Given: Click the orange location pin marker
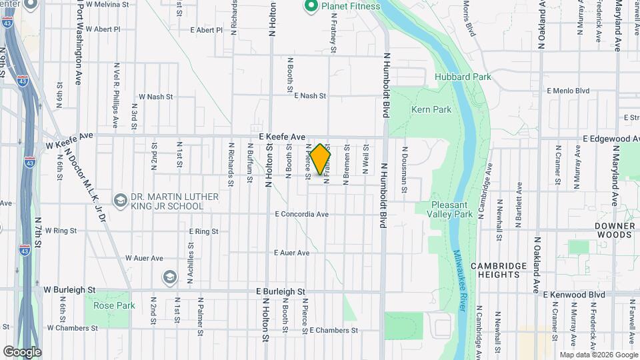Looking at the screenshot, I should (x=321, y=159).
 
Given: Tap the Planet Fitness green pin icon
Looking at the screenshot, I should (x=310, y=6).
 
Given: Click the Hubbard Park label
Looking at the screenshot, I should (x=463, y=77).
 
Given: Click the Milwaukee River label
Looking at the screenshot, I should (x=459, y=280).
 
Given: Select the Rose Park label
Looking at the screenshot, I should (x=114, y=305).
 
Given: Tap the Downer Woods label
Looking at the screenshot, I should (x=614, y=230).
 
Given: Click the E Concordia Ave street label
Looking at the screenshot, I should (x=302, y=214).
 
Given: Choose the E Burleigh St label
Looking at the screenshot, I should (x=280, y=292).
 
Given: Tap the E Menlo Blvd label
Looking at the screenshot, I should (x=568, y=91).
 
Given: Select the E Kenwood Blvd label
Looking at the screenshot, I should (x=573, y=294).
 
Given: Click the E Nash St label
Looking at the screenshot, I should (x=309, y=96).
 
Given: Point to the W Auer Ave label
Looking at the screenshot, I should (x=144, y=258).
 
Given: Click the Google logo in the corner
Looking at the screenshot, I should (x=22, y=351).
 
